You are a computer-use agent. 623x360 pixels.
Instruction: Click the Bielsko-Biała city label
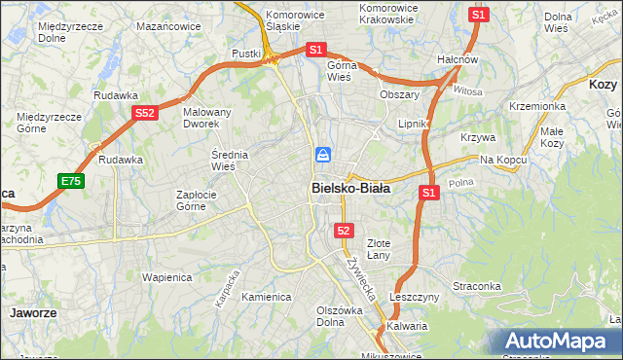(350, 189)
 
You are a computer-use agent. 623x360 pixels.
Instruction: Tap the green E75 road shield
(70, 181)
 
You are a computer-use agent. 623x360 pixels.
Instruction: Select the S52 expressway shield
(145, 114)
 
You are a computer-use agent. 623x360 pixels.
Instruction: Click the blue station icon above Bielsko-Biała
(323, 156)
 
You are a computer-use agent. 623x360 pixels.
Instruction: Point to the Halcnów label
(457, 59)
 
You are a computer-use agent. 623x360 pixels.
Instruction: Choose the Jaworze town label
(32, 314)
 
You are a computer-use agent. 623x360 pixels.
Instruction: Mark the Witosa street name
(468, 90)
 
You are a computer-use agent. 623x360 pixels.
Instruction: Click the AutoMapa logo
(556, 341)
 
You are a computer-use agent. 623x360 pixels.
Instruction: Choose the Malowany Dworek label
(207, 119)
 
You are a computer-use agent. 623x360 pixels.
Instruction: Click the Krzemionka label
(537, 105)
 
